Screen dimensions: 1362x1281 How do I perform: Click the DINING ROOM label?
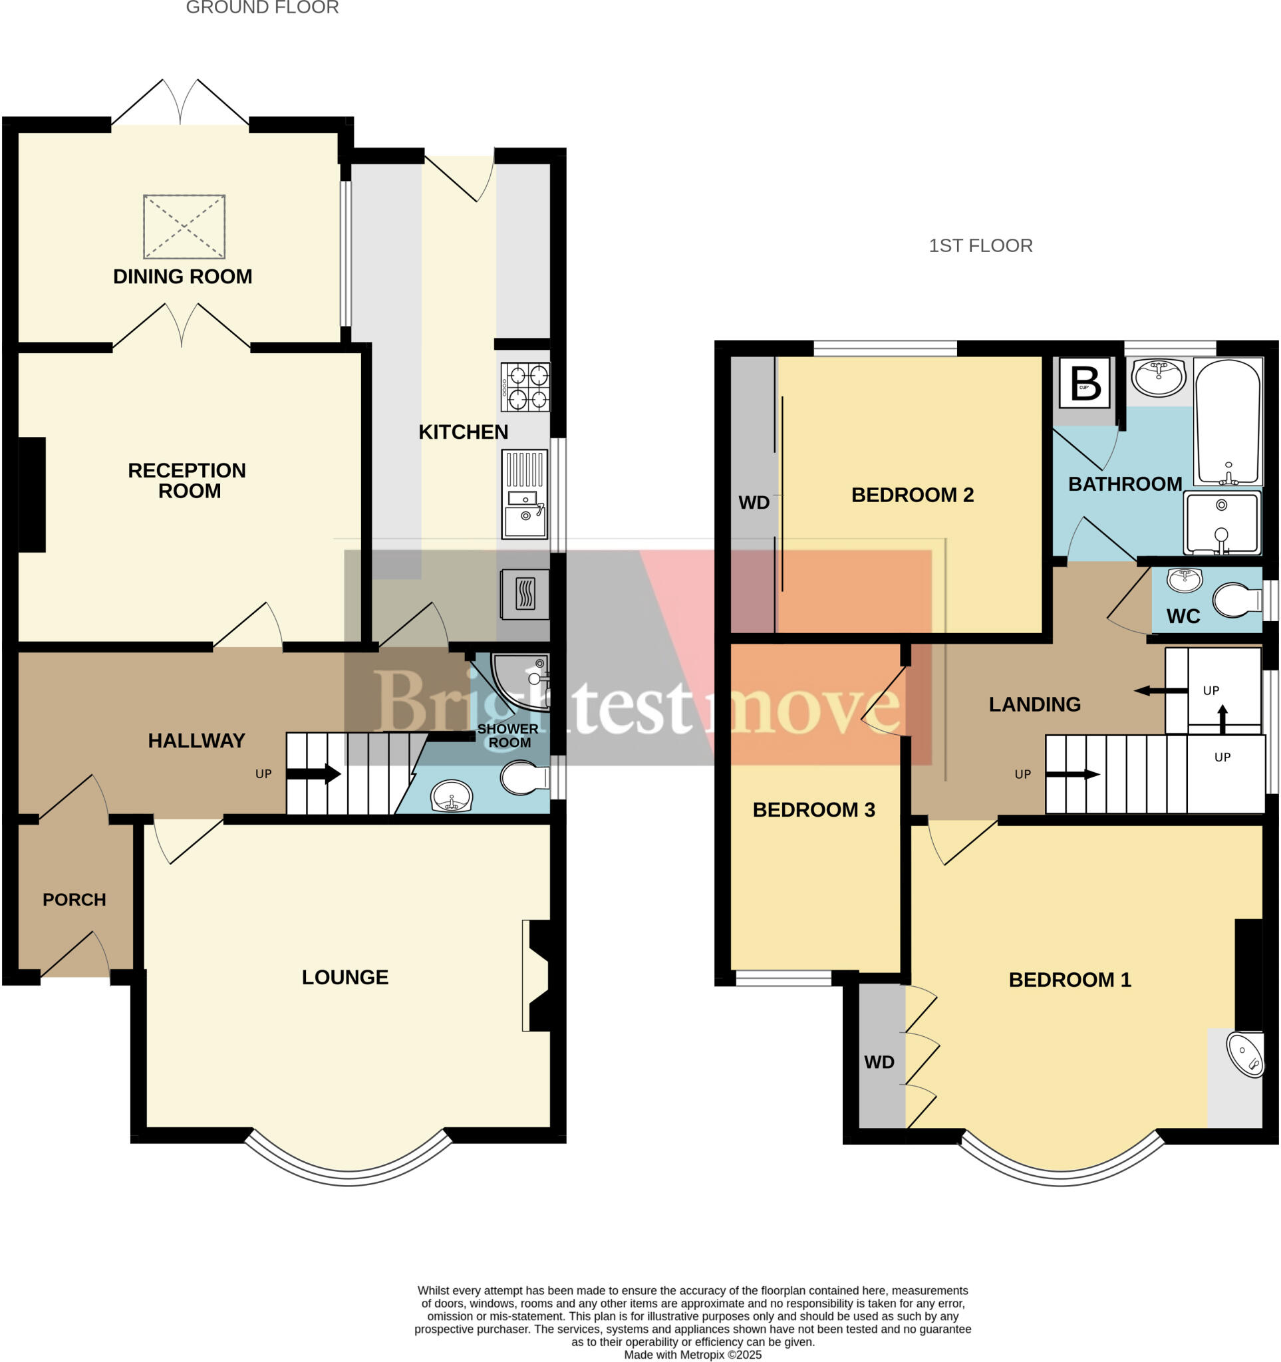coord(182,277)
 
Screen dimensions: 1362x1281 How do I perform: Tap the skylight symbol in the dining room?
coord(184,227)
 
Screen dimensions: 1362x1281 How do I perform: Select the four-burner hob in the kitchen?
coord(525,387)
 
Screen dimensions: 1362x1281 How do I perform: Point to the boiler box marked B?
coord(1084,384)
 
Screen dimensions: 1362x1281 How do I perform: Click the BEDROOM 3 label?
coord(814,810)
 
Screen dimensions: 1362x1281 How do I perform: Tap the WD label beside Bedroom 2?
coord(754,503)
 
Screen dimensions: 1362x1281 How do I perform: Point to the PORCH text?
coord(74,900)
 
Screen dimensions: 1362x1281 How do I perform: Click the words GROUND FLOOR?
coord(262,7)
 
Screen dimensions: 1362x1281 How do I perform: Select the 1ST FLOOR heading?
coord(980,246)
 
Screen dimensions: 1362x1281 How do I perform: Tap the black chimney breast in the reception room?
coord(31,495)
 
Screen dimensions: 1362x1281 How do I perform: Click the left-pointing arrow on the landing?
coord(1161,690)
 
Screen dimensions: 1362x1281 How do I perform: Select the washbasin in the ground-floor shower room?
coord(452,797)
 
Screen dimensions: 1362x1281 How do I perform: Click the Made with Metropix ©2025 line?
coord(692,1355)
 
